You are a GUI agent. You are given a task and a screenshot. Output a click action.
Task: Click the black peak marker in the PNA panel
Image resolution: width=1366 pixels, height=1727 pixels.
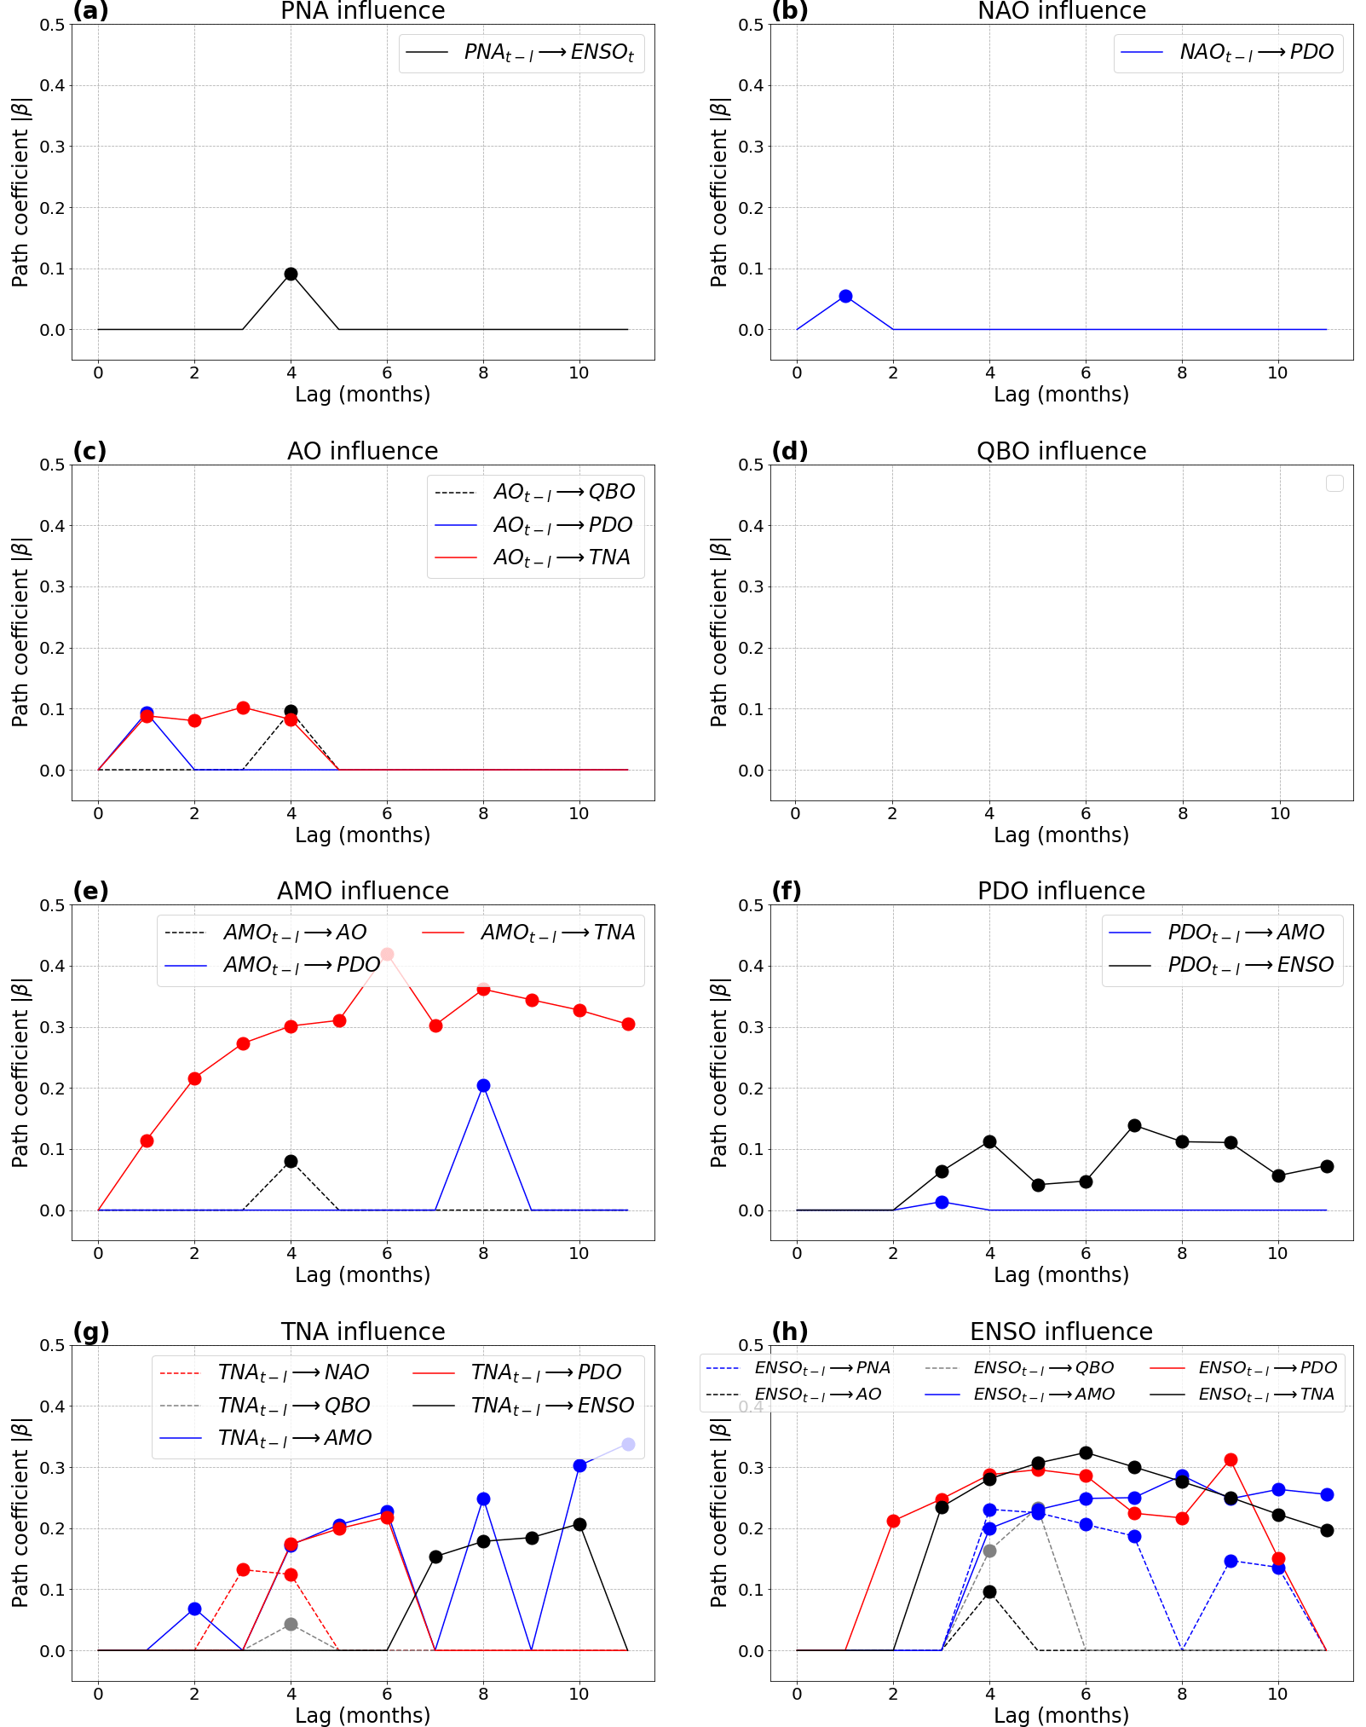(x=291, y=274)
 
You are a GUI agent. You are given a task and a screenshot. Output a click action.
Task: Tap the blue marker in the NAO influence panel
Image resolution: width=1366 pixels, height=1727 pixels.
(x=845, y=296)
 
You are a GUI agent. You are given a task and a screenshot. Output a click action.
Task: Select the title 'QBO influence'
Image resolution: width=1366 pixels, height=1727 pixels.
(x=1061, y=451)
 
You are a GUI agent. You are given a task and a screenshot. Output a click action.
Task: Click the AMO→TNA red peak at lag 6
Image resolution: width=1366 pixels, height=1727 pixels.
(x=387, y=954)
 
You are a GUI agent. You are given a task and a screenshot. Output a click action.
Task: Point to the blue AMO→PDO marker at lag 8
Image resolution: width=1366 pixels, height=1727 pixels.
(x=483, y=1085)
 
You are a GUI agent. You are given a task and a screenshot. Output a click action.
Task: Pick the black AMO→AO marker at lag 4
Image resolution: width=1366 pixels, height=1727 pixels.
(x=291, y=1161)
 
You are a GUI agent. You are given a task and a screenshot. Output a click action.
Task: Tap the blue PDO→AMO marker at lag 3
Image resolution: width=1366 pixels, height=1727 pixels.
(x=942, y=1202)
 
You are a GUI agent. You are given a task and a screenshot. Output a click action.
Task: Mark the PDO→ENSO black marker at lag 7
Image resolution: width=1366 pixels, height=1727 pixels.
(x=1134, y=1125)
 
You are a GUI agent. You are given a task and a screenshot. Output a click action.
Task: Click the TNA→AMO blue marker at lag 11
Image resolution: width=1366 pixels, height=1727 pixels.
(x=628, y=1444)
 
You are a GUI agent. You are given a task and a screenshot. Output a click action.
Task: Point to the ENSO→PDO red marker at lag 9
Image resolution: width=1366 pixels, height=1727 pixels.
(x=1231, y=1459)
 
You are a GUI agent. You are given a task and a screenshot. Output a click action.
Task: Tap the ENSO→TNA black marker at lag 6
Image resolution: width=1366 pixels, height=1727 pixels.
(x=1086, y=1453)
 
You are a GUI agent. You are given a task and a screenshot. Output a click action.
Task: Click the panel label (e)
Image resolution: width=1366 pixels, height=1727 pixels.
(x=90, y=891)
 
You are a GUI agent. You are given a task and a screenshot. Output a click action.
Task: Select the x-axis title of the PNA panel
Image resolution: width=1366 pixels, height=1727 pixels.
(x=362, y=395)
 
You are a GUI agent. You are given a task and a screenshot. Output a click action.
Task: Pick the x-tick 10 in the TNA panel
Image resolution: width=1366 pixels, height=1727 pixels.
(x=579, y=1694)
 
